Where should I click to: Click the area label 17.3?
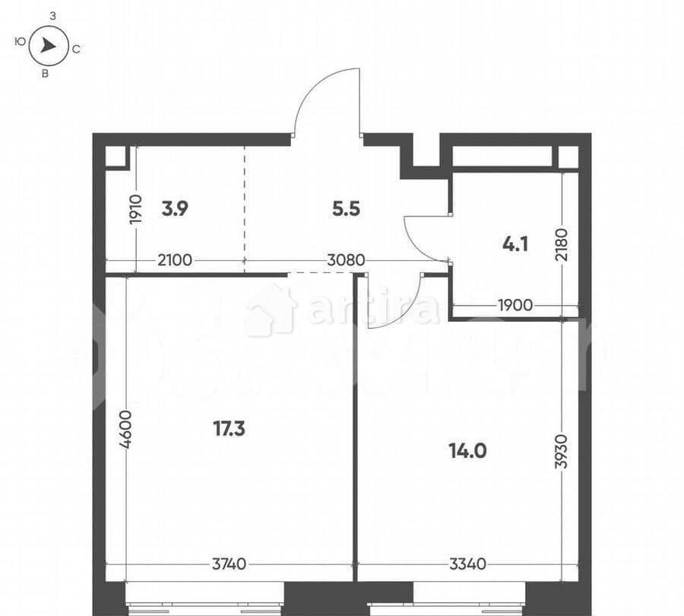pos(229,429)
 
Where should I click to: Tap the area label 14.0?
pos(467,450)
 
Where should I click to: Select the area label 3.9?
pos(175,209)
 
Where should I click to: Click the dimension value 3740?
pos(229,564)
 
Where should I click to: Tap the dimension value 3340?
pos(467,564)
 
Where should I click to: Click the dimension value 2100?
pos(175,260)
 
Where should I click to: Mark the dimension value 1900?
pos(515,306)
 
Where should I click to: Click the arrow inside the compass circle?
pos(49,46)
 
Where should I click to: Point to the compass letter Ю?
pos(19,43)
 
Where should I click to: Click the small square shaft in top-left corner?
pos(116,157)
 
